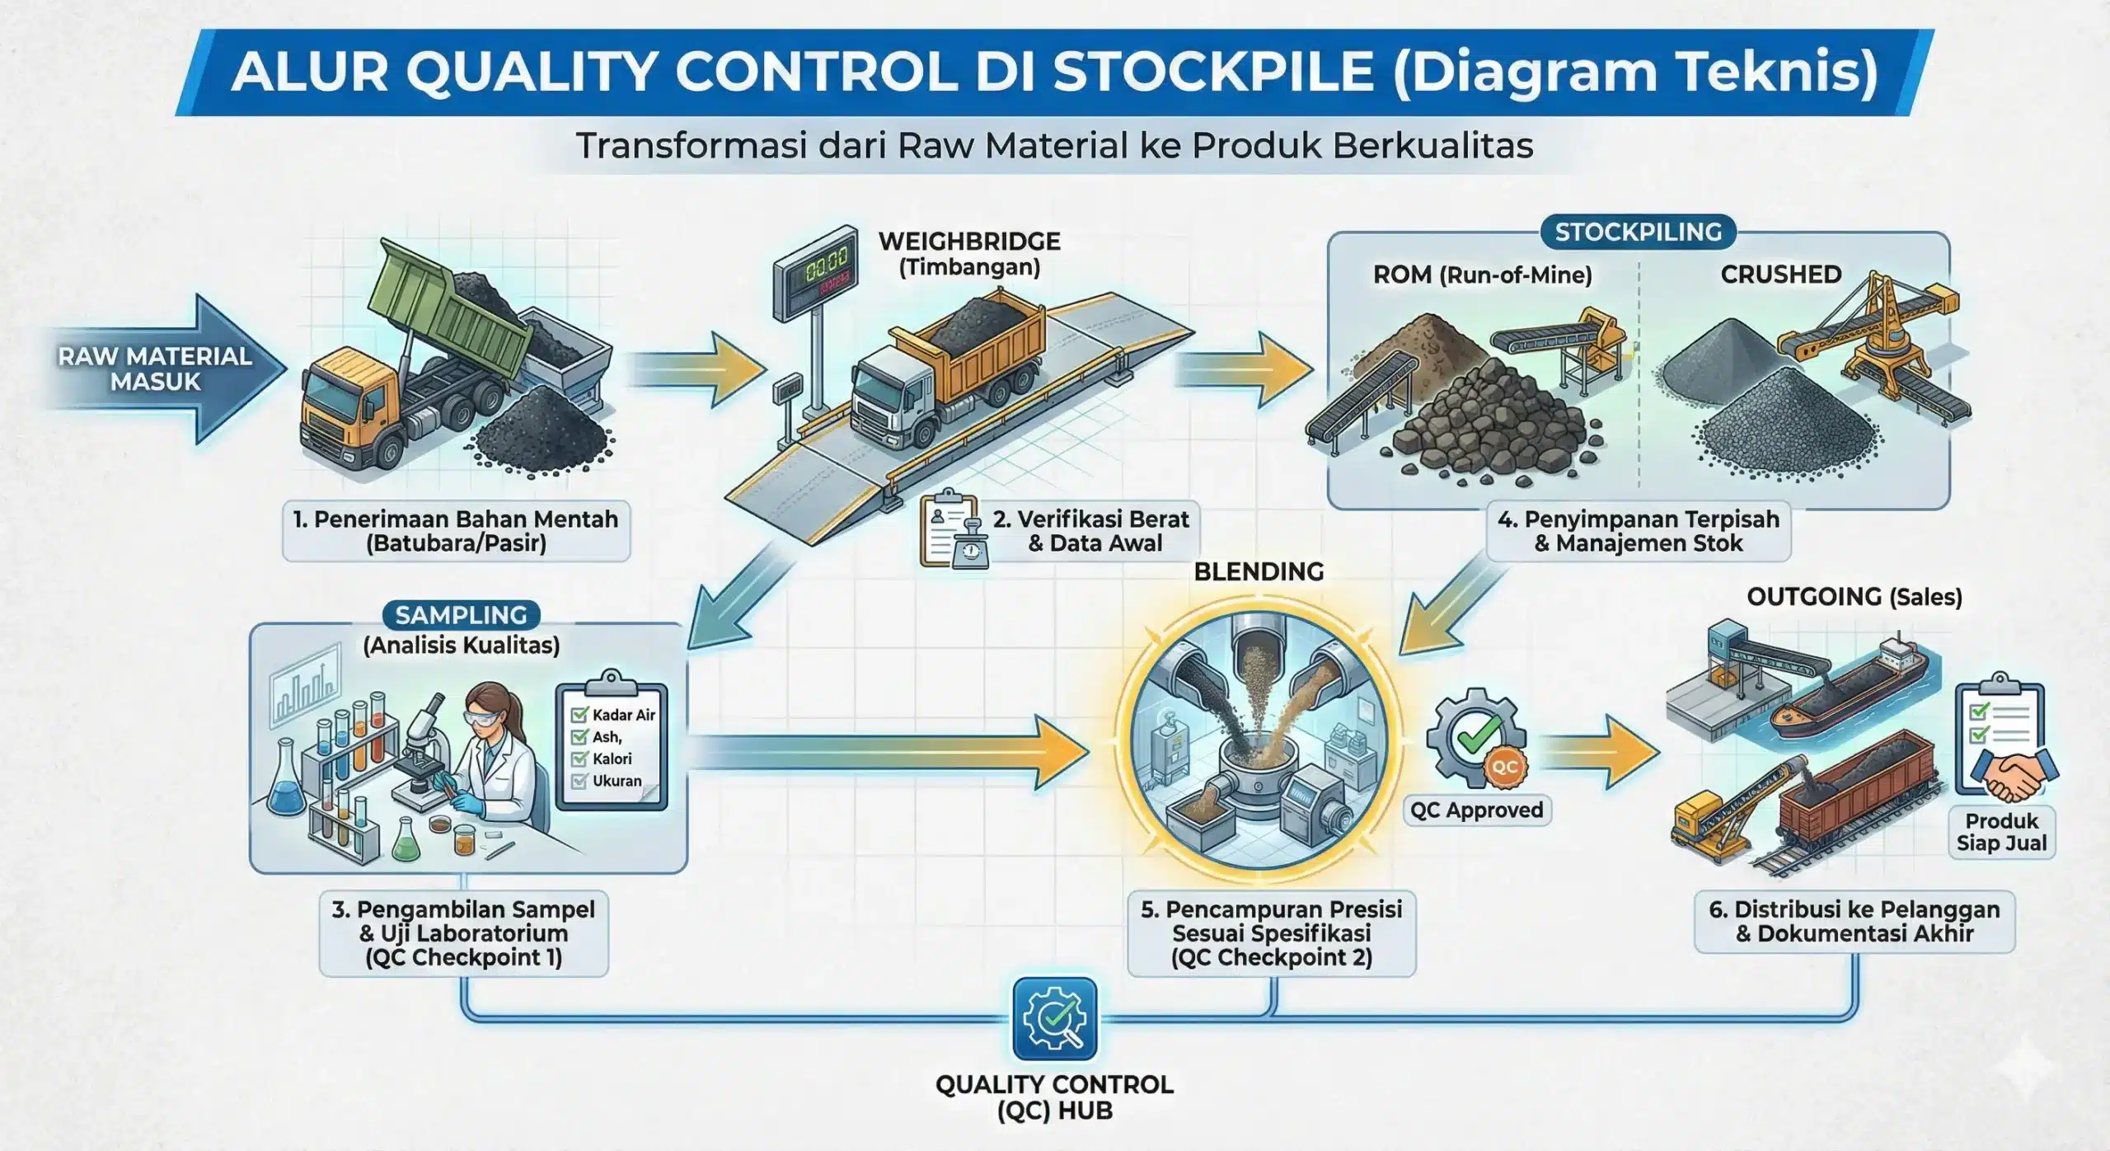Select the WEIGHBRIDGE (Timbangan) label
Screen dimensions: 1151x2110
point(968,254)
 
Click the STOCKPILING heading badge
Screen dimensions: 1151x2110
point(1637,232)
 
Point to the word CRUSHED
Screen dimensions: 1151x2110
point(1780,275)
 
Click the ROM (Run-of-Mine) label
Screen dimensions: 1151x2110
point(1482,275)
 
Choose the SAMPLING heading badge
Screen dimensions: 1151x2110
point(461,615)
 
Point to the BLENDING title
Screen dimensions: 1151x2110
point(1259,571)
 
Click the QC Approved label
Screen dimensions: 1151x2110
point(1476,810)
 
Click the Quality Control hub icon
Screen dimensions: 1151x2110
point(1054,1018)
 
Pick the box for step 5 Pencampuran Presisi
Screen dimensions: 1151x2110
point(1271,933)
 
